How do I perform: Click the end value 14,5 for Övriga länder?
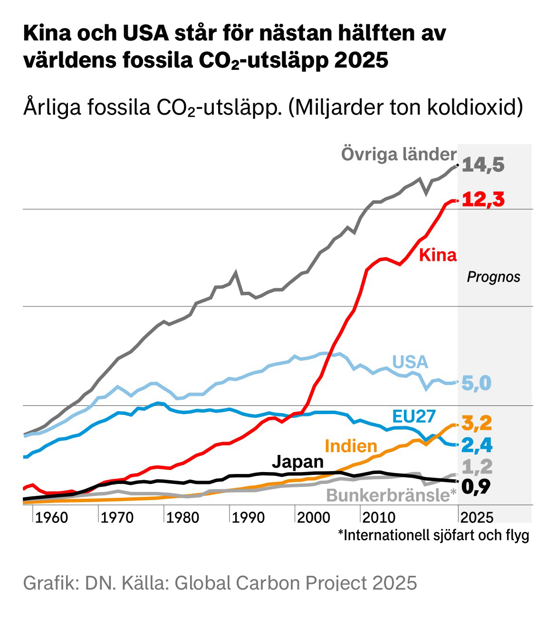click(x=482, y=166)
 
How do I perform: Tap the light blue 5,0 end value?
click(x=476, y=383)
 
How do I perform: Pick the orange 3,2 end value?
click(x=476, y=423)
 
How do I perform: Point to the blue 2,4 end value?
click(x=476, y=445)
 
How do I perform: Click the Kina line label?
click(x=437, y=256)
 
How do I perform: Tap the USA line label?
click(x=410, y=362)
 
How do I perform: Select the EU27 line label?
click(x=414, y=416)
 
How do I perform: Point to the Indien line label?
click(x=351, y=446)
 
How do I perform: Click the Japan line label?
click(x=298, y=462)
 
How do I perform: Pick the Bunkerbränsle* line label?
click(x=391, y=496)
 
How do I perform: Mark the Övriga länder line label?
click(x=398, y=155)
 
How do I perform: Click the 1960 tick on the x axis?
click(x=52, y=517)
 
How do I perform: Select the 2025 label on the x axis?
click(x=477, y=517)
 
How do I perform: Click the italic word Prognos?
click(x=493, y=277)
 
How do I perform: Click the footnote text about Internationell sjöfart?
click(x=433, y=535)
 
